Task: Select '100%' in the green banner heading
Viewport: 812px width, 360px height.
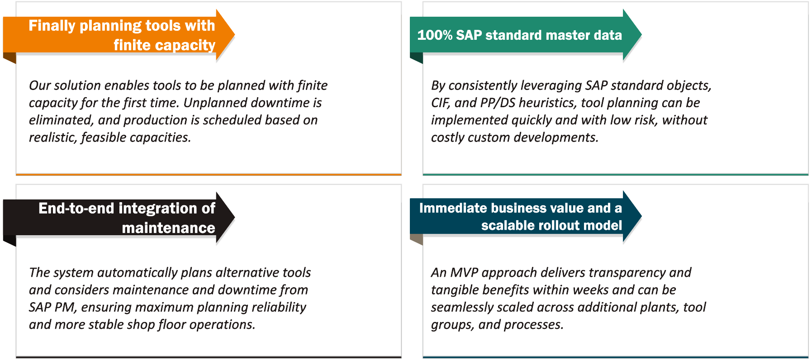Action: [434, 35]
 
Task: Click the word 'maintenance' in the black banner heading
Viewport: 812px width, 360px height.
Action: [168, 228]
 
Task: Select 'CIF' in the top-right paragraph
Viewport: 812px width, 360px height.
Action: [440, 103]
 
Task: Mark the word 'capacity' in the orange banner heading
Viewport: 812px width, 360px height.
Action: [189, 45]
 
